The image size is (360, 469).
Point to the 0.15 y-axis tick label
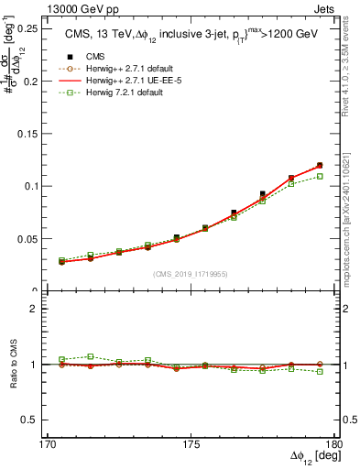tap(26, 134)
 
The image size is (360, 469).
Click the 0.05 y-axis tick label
tap(26, 238)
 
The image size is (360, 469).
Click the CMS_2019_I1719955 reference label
tap(190, 274)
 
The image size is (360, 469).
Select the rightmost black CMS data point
tap(320, 166)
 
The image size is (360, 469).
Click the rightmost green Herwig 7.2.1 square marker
tap(320, 176)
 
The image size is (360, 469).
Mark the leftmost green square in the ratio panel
tap(61, 359)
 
